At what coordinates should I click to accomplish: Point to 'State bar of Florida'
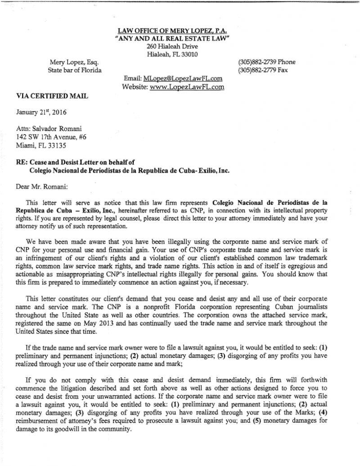(x=75, y=70)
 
